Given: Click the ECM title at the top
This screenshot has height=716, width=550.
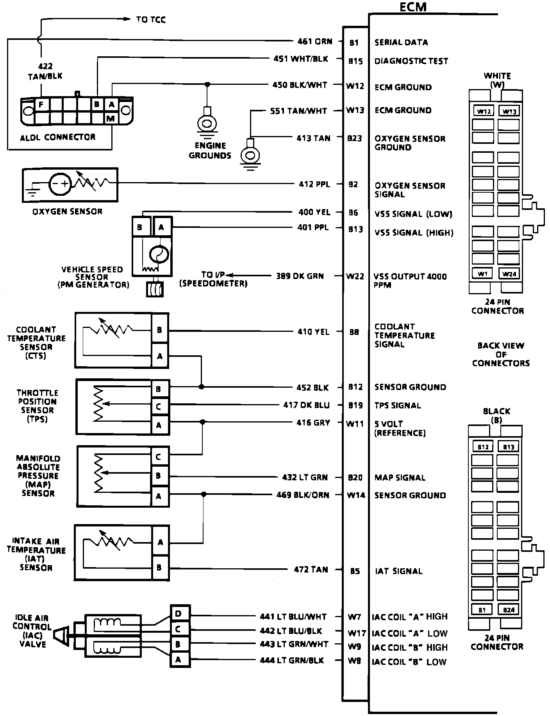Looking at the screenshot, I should pyautogui.click(x=412, y=7).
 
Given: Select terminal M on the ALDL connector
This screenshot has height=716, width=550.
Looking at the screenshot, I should pyautogui.click(x=111, y=118).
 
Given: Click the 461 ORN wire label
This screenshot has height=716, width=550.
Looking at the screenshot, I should pyautogui.click(x=312, y=41).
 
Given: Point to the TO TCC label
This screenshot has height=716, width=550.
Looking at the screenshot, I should pyautogui.click(x=151, y=20).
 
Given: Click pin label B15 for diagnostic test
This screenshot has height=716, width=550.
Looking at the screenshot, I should pyautogui.click(x=355, y=61).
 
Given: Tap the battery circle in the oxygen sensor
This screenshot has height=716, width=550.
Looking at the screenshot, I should pyautogui.click(x=60, y=183).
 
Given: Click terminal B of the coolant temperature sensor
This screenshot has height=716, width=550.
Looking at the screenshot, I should pyautogui.click(x=159, y=330).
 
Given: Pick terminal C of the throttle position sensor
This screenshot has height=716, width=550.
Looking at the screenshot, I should pyautogui.click(x=159, y=406).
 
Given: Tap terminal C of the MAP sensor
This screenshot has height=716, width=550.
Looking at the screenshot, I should pyautogui.click(x=159, y=456).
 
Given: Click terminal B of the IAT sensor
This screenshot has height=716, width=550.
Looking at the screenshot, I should pyautogui.click(x=159, y=567).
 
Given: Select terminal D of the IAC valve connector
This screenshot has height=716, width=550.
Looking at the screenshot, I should pyautogui.click(x=179, y=614).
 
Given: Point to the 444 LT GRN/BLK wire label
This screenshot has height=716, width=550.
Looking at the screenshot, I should pyautogui.click(x=292, y=660).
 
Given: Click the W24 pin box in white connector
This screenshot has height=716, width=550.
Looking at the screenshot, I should pyautogui.click(x=509, y=274).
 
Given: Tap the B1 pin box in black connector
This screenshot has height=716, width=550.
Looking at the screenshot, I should pyautogui.click(x=483, y=609).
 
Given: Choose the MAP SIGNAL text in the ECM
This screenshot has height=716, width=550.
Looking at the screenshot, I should pyautogui.click(x=400, y=478).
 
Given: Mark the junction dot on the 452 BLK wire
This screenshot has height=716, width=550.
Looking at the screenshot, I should pyautogui.click(x=201, y=387).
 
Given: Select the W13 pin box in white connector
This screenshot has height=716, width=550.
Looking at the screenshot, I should pyautogui.click(x=509, y=111).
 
